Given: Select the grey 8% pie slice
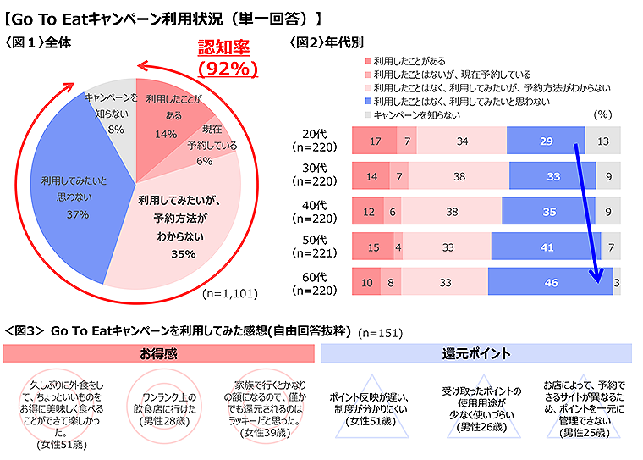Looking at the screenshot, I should point(114,119).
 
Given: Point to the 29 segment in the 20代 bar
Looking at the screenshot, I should point(546,141).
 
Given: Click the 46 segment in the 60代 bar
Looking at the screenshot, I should point(551,282).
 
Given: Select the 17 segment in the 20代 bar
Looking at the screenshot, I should point(375,141).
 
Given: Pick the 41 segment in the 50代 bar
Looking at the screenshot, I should point(547,247).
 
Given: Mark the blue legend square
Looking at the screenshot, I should point(367,101).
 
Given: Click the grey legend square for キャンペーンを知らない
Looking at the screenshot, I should point(367,114).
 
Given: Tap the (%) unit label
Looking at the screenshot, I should point(602,114).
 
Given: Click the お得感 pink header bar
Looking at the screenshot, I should point(158,352).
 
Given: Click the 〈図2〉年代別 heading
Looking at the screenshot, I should point(327,41).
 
